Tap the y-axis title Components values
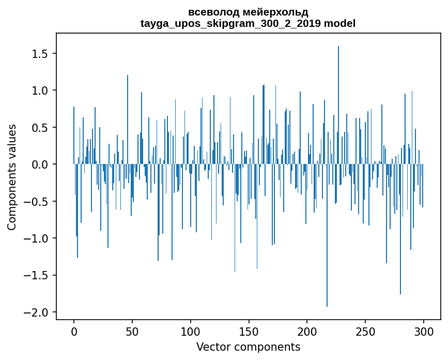(x=12, y=177)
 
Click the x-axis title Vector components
(x=248, y=347)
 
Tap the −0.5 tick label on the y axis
(x=38, y=202)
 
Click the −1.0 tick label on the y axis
(x=38, y=238)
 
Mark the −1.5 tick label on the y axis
(x=38, y=276)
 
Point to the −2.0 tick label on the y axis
(x=38, y=312)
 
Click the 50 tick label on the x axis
(x=132, y=331)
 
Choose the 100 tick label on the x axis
(x=191, y=331)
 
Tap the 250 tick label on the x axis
(x=365, y=331)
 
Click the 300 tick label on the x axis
(x=424, y=331)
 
